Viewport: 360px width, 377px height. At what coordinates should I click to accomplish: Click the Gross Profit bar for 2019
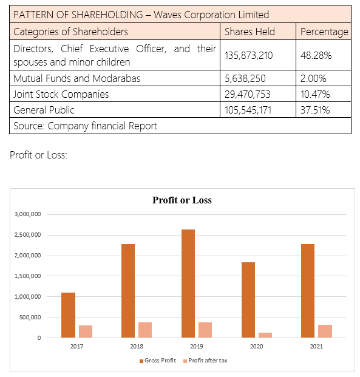point(188,284)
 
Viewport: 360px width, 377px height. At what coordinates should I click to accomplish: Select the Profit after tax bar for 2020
point(265,335)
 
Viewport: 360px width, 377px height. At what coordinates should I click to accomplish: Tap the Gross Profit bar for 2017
point(68,315)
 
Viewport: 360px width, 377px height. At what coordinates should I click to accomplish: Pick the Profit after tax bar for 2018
point(145,330)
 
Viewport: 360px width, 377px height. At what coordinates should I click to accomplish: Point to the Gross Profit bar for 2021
point(308,291)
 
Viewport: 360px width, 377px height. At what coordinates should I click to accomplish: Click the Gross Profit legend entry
point(158,361)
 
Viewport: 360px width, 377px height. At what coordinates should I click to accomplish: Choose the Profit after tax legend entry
point(205,361)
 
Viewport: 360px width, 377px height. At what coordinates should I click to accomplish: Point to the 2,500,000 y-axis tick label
point(28,235)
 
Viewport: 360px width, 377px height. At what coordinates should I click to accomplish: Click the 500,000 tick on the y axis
point(30,317)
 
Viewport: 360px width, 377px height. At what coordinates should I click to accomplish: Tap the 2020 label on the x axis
point(256,346)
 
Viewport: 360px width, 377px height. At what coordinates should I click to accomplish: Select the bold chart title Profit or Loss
point(182,200)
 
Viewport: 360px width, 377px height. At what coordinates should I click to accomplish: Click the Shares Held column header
point(250,32)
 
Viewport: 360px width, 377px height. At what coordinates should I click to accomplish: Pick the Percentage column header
point(324,32)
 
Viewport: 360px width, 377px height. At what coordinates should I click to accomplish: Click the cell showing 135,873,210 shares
point(249,55)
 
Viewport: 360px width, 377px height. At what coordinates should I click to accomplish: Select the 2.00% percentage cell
point(313,78)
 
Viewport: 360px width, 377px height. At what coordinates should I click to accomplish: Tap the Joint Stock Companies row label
point(61,94)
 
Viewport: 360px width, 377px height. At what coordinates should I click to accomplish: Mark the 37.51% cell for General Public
point(315,110)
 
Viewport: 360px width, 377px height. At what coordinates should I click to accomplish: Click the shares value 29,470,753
point(248,94)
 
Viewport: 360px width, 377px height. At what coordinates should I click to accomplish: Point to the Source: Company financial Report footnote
point(86,126)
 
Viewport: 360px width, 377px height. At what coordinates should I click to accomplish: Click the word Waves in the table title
point(168,15)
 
